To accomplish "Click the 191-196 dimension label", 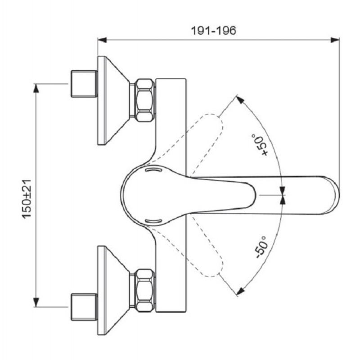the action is pos(213,31).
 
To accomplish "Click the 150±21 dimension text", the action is pos(27,199).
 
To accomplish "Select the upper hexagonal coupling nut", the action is pos(144,100).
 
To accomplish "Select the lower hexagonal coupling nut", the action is pos(144,290).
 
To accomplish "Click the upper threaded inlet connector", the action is pos(84,84).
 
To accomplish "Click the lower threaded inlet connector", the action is pos(84,307).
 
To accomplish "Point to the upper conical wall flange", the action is pos(113,100).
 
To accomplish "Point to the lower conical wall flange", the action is pos(113,290).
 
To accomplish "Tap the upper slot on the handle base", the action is pos(153,170).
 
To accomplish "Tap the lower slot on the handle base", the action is pos(153,221).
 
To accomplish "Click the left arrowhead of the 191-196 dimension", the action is pos(102,40).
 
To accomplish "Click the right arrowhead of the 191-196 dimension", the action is pos(335,40).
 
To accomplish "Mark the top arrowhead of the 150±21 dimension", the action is pos(36,88).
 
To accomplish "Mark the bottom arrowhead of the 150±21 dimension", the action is pos(36,302).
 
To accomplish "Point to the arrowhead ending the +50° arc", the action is pos(240,100).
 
